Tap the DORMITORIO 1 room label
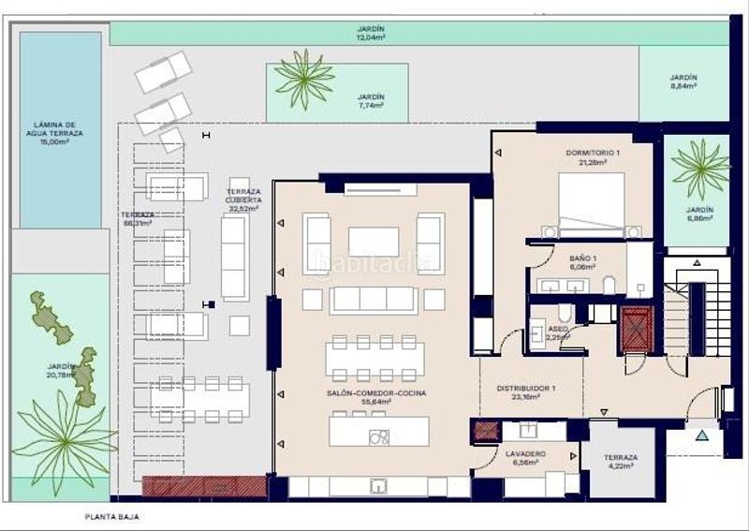coord(593,155)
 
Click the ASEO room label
coord(558,334)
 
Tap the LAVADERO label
coord(525,458)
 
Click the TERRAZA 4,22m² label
coord(620,463)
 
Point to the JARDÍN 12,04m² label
coord(371,34)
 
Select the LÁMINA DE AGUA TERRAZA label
coord(59,132)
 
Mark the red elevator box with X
coord(637,328)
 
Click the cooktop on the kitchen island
coord(379,436)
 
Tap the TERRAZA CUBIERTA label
coord(242,199)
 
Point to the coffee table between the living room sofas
coord(374,241)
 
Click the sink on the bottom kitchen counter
coord(379,486)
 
